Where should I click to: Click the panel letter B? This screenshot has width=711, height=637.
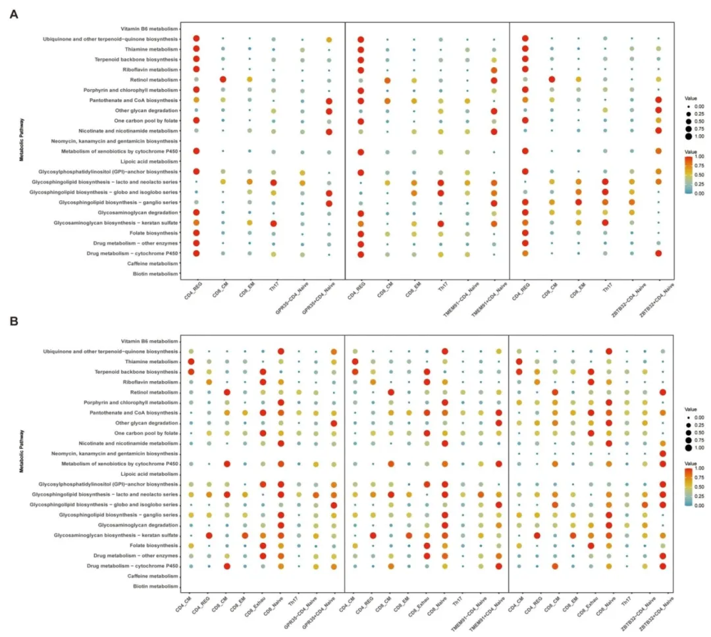click(13, 322)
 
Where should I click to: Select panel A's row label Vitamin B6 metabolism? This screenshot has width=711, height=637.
click(150, 29)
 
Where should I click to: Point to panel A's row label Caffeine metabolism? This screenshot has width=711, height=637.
click(153, 263)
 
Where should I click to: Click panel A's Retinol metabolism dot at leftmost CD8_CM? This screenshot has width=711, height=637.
click(223, 80)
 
